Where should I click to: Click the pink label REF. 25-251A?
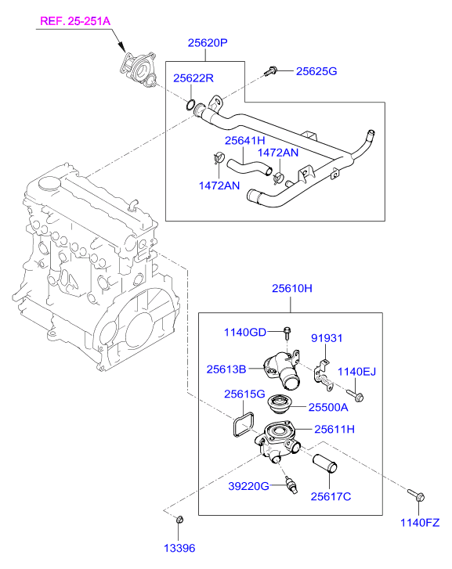[75, 21]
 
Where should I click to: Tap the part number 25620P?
[208, 43]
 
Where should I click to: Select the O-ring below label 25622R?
[190, 105]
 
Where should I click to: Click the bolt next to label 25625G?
[271, 70]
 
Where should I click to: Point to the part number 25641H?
[245, 140]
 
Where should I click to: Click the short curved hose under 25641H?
[249, 168]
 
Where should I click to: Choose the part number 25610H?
[291, 289]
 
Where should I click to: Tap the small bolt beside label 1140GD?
[287, 333]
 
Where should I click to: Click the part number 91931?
[327, 338]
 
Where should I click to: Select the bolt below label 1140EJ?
[355, 395]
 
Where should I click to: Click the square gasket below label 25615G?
[244, 424]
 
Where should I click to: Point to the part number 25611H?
[334, 429]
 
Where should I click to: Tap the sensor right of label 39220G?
[291, 484]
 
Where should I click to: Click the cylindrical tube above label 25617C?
[325, 464]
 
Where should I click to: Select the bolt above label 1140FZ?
[416, 495]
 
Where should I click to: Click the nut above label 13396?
[179, 520]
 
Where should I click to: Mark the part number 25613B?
[226, 369]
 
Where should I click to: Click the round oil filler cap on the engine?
[49, 184]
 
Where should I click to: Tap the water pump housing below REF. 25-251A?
[139, 70]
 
